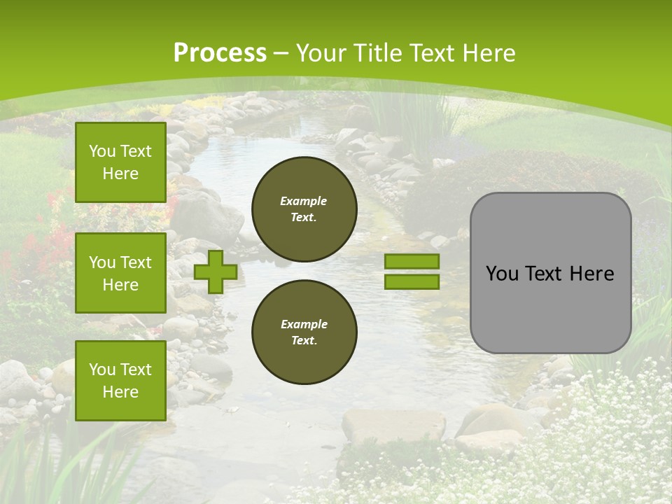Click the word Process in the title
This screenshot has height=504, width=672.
click(x=220, y=53)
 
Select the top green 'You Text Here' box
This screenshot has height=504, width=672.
click(x=120, y=162)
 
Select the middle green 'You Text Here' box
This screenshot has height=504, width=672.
click(x=120, y=273)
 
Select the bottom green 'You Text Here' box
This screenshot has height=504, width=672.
click(x=120, y=381)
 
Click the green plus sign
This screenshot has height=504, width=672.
click(x=216, y=272)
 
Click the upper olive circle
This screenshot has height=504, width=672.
click(x=304, y=209)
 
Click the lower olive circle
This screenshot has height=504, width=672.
click(x=304, y=332)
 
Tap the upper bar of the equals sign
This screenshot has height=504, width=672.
click(x=412, y=262)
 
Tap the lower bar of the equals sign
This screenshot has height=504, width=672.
click(x=412, y=282)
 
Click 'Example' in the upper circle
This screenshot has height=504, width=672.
click(x=304, y=201)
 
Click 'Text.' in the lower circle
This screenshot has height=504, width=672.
click(x=304, y=341)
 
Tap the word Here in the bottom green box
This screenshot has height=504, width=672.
click(x=120, y=392)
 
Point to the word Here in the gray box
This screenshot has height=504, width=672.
click(x=591, y=274)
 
